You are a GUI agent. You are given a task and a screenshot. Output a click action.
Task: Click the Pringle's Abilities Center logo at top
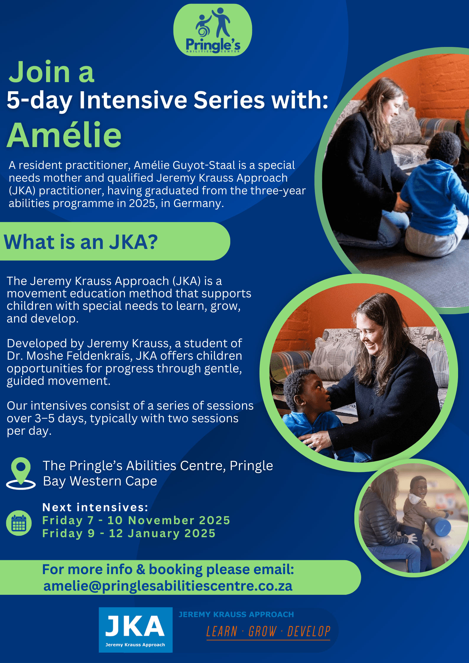pyautogui.click(x=212, y=30)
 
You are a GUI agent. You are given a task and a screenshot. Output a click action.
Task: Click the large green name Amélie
pyautogui.click(x=64, y=135)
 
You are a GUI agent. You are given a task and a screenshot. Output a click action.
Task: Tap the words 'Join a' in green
pyautogui.click(x=51, y=72)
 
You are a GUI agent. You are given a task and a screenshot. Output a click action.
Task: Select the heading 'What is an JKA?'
pyautogui.click(x=81, y=242)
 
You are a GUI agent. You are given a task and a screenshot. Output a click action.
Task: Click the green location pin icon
pyautogui.click(x=21, y=473)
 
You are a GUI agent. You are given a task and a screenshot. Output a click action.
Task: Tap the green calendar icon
pyautogui.click(x=19, y=523)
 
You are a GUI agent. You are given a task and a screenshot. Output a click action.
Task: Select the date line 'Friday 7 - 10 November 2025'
pyautogui.click(x=136, y=520)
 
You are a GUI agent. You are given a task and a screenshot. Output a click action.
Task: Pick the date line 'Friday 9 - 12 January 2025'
pyautogui.click(x=129, y=533)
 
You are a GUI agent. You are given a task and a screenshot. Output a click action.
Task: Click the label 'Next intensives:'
pyautogui.click(x=95, y=507)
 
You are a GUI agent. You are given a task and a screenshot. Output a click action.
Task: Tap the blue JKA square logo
pyautogui.click(x=136, y=630)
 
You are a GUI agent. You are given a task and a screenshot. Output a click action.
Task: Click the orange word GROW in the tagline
pyautogui.click(x=262, y=631)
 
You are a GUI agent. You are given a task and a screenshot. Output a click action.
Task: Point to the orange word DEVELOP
pyautogui.click(x=309, y=631)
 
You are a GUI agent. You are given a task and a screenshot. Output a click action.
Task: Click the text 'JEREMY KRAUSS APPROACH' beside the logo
pyautogui.click(x=236, y=615)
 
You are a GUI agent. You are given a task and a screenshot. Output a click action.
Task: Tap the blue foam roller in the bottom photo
pyautogui.click(x=439, y=528)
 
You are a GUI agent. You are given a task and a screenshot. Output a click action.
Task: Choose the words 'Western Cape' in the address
pyautogui.click(x=113, y=481)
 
